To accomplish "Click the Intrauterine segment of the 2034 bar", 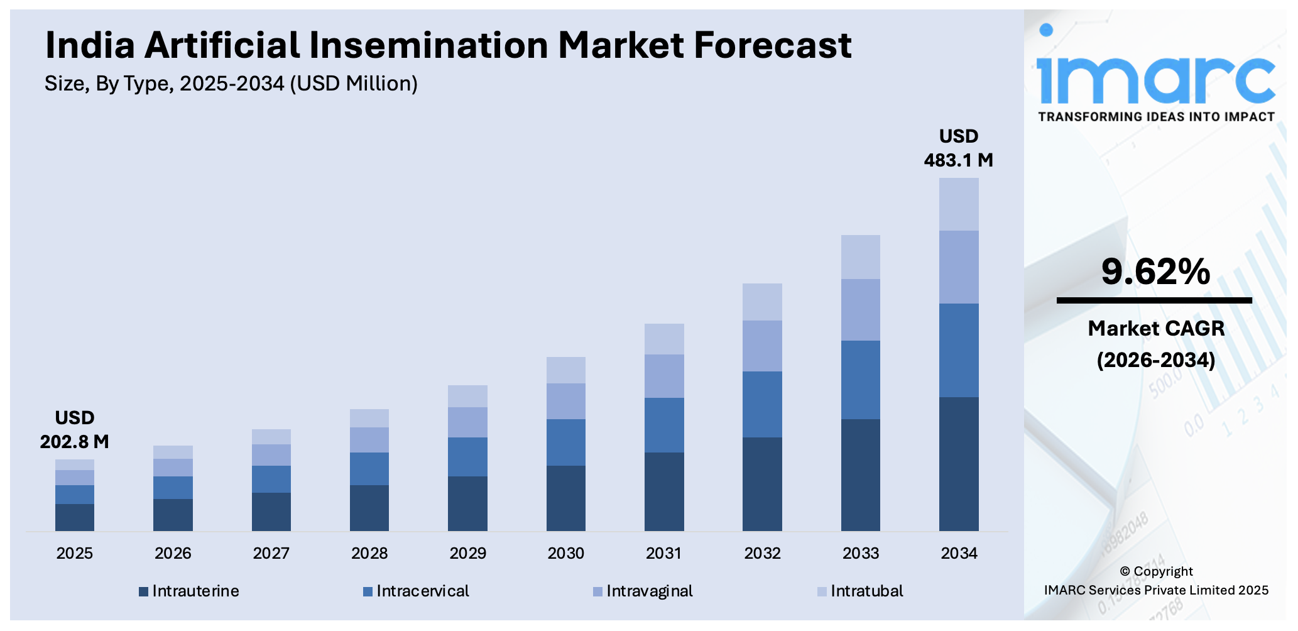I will (958, 463).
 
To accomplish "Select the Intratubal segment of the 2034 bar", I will (958, 204).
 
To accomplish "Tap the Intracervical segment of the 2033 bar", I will (860, 380).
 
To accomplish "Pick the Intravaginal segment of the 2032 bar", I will (762, 346).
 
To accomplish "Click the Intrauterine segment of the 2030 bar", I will (565, 498).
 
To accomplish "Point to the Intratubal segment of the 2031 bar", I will (663, 339).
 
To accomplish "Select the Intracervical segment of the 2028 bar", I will (369, 468).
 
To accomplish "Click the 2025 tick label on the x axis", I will (74, 553).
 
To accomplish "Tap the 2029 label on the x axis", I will (467, 553).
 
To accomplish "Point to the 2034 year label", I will (959, 553).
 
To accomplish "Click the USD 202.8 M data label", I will (74, 430).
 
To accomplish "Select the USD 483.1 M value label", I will (958, 148).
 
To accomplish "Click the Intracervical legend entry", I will (416, 591).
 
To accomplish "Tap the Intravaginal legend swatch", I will (597, 591).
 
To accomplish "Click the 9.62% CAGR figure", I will (1155, 272).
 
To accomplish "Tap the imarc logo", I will (1155, 75).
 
